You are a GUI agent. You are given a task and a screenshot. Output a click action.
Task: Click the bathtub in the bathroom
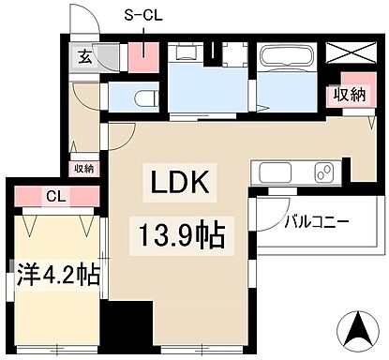287,59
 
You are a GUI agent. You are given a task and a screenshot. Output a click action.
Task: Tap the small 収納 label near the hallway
83,169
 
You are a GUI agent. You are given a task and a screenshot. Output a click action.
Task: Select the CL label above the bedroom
54,197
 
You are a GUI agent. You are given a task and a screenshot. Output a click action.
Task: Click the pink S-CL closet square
144,58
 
